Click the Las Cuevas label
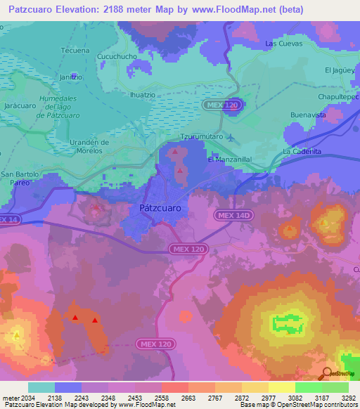coord(283,43)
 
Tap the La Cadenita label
coord(302,151)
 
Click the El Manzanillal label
coord(229,160)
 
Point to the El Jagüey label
coord(339,70)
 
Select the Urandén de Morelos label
coord(89,146)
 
